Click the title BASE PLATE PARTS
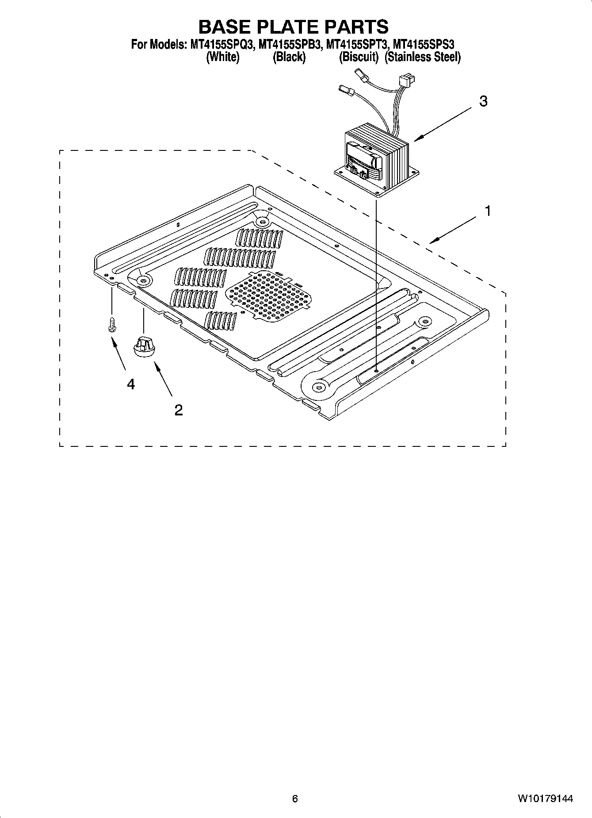(293, 27)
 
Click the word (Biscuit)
(359, 57)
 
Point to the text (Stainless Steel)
(423, 57)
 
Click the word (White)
(223, 57)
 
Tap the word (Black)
(289, 57)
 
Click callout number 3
(484, 101)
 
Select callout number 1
(488, 211)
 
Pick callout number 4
(131, 384)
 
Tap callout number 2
(178, 410)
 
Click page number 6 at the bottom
(295, 799)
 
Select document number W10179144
(546, 799)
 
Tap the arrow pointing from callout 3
(442, 125)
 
